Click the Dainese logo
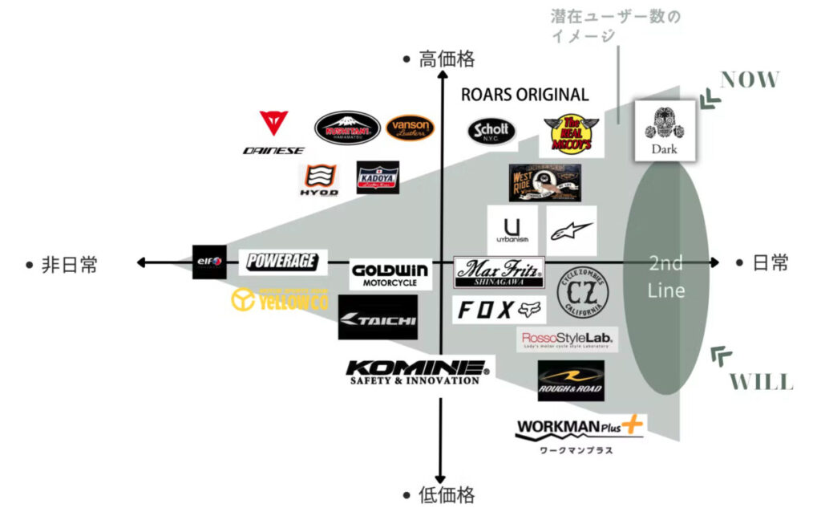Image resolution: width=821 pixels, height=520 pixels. coord(273,132)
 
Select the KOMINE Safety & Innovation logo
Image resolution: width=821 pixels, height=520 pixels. coord(417,372)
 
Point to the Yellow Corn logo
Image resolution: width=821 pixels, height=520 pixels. coord(280,299)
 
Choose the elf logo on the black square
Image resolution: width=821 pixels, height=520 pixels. coord(209,261)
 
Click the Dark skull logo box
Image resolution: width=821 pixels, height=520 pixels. coord(664,130)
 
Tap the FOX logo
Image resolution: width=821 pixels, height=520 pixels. coord(499,310)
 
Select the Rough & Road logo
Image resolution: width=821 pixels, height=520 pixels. coord(571,380)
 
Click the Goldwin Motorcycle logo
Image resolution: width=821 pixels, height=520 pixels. coord(390,274)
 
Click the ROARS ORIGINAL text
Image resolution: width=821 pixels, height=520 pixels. coord(524,95)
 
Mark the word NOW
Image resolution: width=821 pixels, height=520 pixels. coord(750,79)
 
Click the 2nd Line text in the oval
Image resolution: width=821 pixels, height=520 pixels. coord(665,276)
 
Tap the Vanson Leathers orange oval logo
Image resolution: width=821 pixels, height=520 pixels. coord(410,128)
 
